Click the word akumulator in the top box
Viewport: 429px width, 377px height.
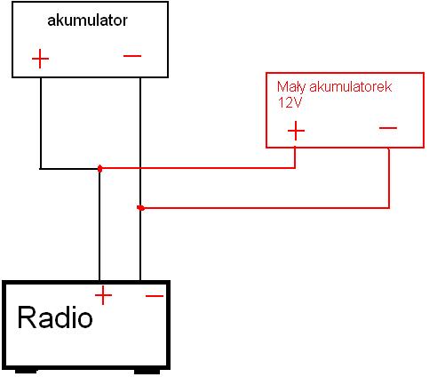[x=87, y=20]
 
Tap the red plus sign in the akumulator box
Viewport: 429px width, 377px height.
[x=40, y=59]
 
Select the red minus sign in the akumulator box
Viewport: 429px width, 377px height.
[x=132, y=56]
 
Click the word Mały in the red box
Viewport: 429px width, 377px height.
[x=291, y=87]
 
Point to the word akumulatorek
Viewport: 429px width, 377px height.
[x=351, y=86]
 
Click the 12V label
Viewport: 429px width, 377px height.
[x=290, y=102]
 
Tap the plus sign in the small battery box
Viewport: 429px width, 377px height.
[x=296, y=131]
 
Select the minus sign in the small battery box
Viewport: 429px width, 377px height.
[x=388, y=128]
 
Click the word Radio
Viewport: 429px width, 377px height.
[x=55, y=317]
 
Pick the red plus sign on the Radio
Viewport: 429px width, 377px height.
[x=103, y=295]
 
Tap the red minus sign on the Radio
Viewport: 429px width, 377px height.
[x=155, y=295]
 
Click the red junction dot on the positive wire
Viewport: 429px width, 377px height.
[x=100, y=169]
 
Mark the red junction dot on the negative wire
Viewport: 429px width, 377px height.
[x=141, y=208]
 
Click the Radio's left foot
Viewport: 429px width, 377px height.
[x=26, y=371]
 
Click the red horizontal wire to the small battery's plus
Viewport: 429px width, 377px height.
[x=197, y=168]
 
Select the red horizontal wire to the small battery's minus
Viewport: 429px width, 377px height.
[x=266, y=208]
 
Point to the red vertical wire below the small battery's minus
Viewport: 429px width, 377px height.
[x=389, y=178]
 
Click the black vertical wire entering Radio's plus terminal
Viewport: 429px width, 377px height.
[x=99, y=225]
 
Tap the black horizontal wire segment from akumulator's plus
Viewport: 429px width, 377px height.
[x=69, y=169]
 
